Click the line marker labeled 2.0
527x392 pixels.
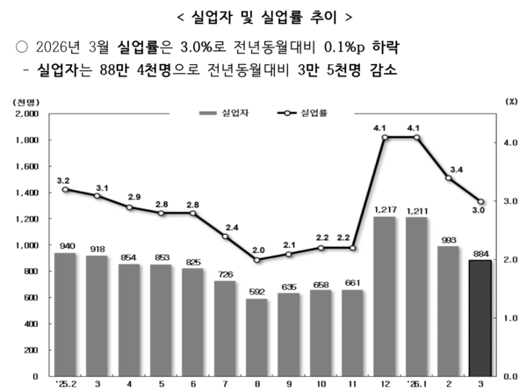click(256, 260)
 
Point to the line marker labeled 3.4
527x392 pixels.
click(449, 178)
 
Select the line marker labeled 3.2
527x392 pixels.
click(65, 189)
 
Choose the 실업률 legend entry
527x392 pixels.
click(305, 113)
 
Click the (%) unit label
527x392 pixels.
click(512, 102)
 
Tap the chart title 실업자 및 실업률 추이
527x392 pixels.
click(263, 15)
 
